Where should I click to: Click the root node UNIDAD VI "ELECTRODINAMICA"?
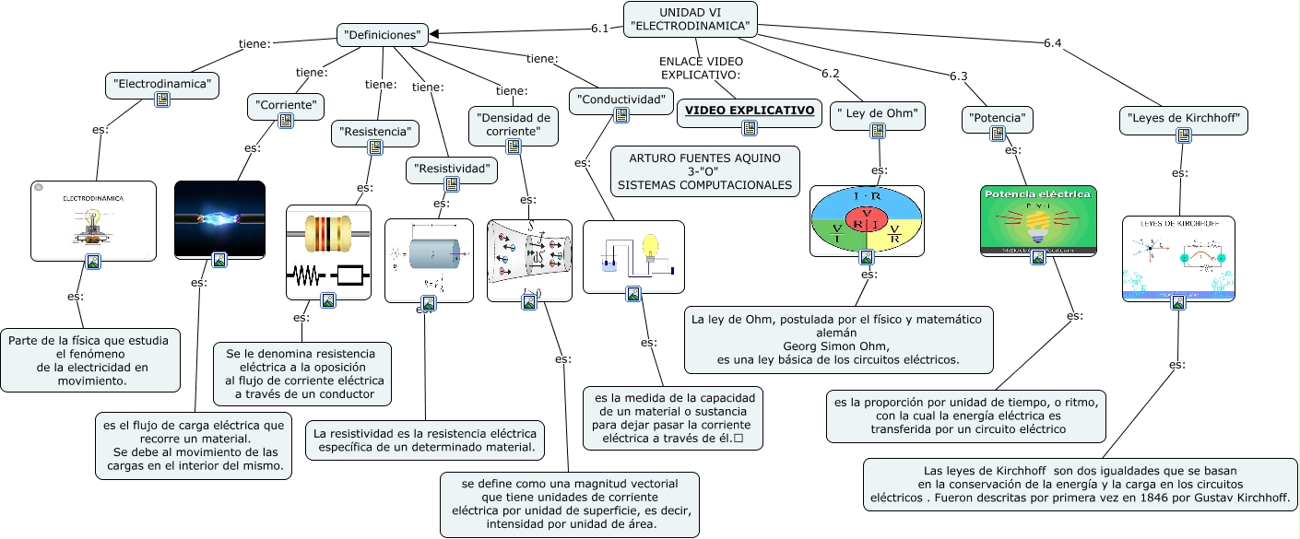coord(691,18)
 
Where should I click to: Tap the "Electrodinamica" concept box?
coord(162,85)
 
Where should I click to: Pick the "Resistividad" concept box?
coord(452,170)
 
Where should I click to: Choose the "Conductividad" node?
coord(620,99)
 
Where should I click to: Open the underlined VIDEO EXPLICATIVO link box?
coord(749,111)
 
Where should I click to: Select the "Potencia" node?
coord(997,119)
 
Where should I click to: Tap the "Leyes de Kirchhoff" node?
coord(1184,119)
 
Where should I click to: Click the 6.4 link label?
coord(1052,42)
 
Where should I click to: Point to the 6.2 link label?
coord(830,73)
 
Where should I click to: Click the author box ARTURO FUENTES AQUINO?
coord(704,171)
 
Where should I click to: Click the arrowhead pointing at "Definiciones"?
coord(435,34)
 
